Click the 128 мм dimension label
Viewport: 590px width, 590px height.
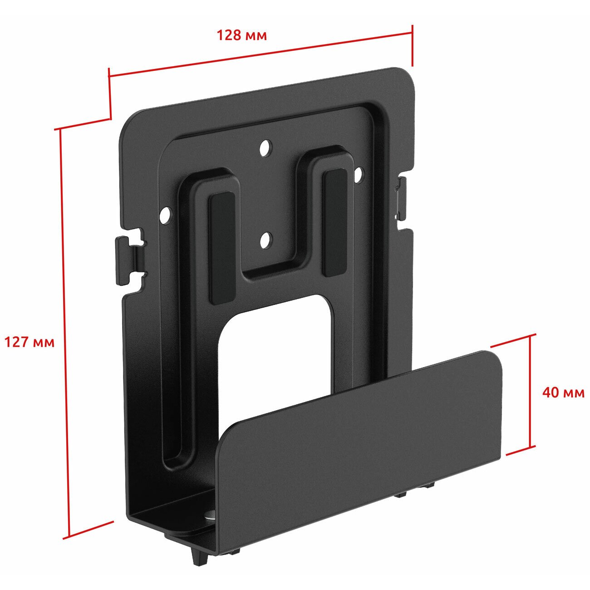tap(242, 35)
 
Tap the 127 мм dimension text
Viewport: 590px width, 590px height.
tap(29, 342)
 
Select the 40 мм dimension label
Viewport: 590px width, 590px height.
tap(563, 392)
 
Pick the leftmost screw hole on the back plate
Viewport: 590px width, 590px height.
tap(166, 215)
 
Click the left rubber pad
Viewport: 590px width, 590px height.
tap(221, 249)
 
